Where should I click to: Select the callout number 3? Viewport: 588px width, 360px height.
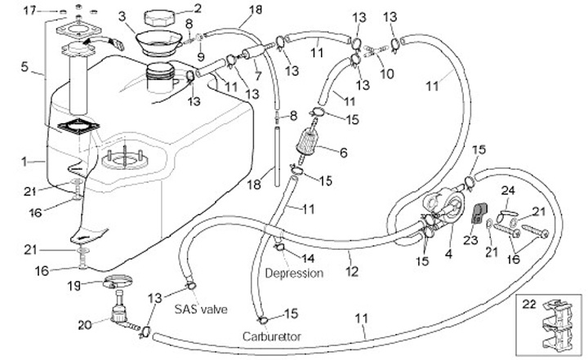tap(121, 16)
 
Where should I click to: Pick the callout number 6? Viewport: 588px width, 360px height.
tap(342, 152)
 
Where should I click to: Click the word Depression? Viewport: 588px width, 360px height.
tap(294, 273)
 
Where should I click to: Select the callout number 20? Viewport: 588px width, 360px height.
tap(85, 324)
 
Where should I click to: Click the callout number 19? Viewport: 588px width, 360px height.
tap(73, 286)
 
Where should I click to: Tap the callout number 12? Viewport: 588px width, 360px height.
tap(352, 271)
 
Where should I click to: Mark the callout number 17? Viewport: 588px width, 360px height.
tap(30, 10)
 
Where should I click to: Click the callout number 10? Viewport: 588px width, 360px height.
tap(386, 73)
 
